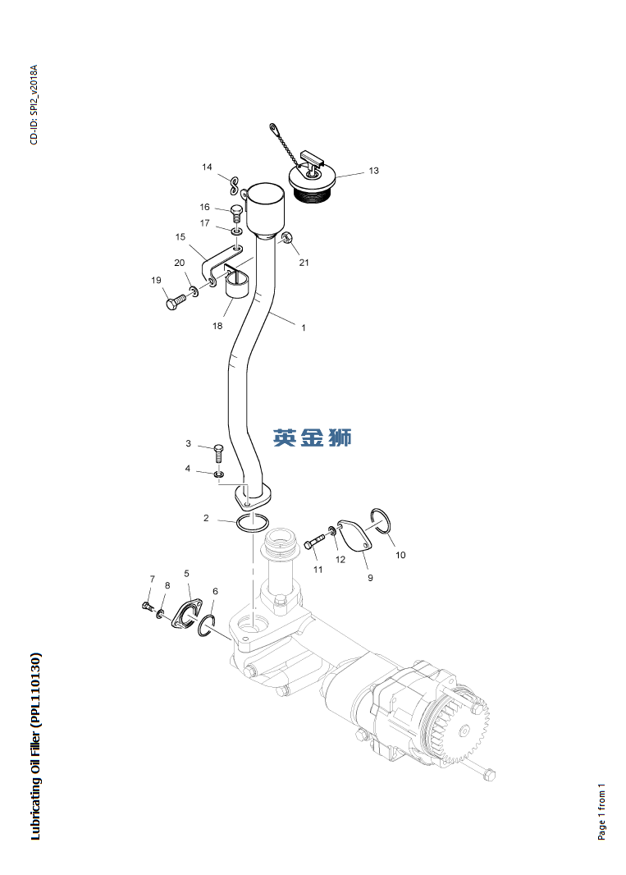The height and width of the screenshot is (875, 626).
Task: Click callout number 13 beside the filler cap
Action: click(x=373, y=171)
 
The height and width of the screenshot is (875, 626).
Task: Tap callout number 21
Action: click(x=304, y=263)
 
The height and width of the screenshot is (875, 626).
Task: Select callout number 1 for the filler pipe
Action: click(x=303, y=328)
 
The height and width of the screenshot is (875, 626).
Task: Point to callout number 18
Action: click(x=217, y=326)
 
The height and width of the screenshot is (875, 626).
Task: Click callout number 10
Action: click(x=400, y=555)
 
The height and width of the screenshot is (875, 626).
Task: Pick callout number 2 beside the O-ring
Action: click(x=206, y=518)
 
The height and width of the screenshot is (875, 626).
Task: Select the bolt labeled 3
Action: click(x=218, y=453)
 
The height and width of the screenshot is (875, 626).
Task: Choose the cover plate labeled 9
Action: click(x=354, y=534)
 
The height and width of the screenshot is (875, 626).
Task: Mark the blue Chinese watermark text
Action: click(x=312, y=438)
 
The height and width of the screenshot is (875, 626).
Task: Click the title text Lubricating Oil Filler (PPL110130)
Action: click(x=34, y=746)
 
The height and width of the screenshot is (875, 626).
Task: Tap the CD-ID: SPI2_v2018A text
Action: click(x=34, y=105)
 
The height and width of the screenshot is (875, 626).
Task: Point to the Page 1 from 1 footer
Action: click(x=601, y=813)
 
